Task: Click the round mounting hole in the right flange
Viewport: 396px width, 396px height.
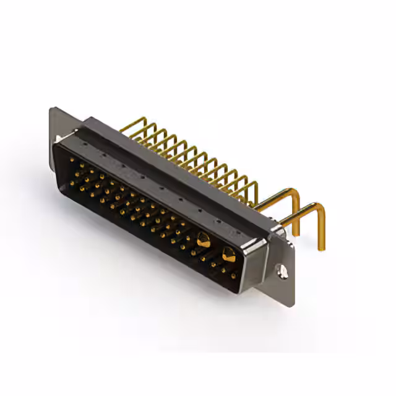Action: [283, 270]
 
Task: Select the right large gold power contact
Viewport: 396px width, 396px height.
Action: [228, 252]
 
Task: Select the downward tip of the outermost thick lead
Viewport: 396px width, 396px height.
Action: [321, 247]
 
